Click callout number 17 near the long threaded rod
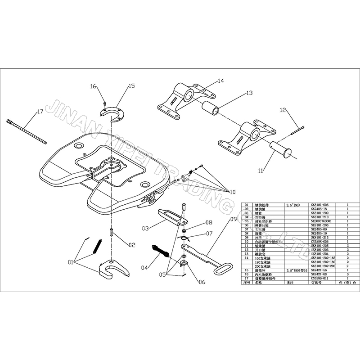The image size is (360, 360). (x=40, y=111)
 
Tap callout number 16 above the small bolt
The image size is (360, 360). (x=93, y=86)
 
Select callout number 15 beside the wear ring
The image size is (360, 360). (x=131, y=85)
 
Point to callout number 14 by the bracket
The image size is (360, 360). (x=220, y=81)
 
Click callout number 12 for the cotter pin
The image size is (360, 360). (x=283, y=109)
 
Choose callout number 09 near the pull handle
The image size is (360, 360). (x=233, y=219)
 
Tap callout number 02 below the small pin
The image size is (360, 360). (x=132, y=245)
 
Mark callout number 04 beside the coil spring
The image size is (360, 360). (x=144, y=268)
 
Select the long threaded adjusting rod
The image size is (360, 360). (x=27, y=130)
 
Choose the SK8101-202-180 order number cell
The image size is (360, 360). (x=323, y=262)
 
